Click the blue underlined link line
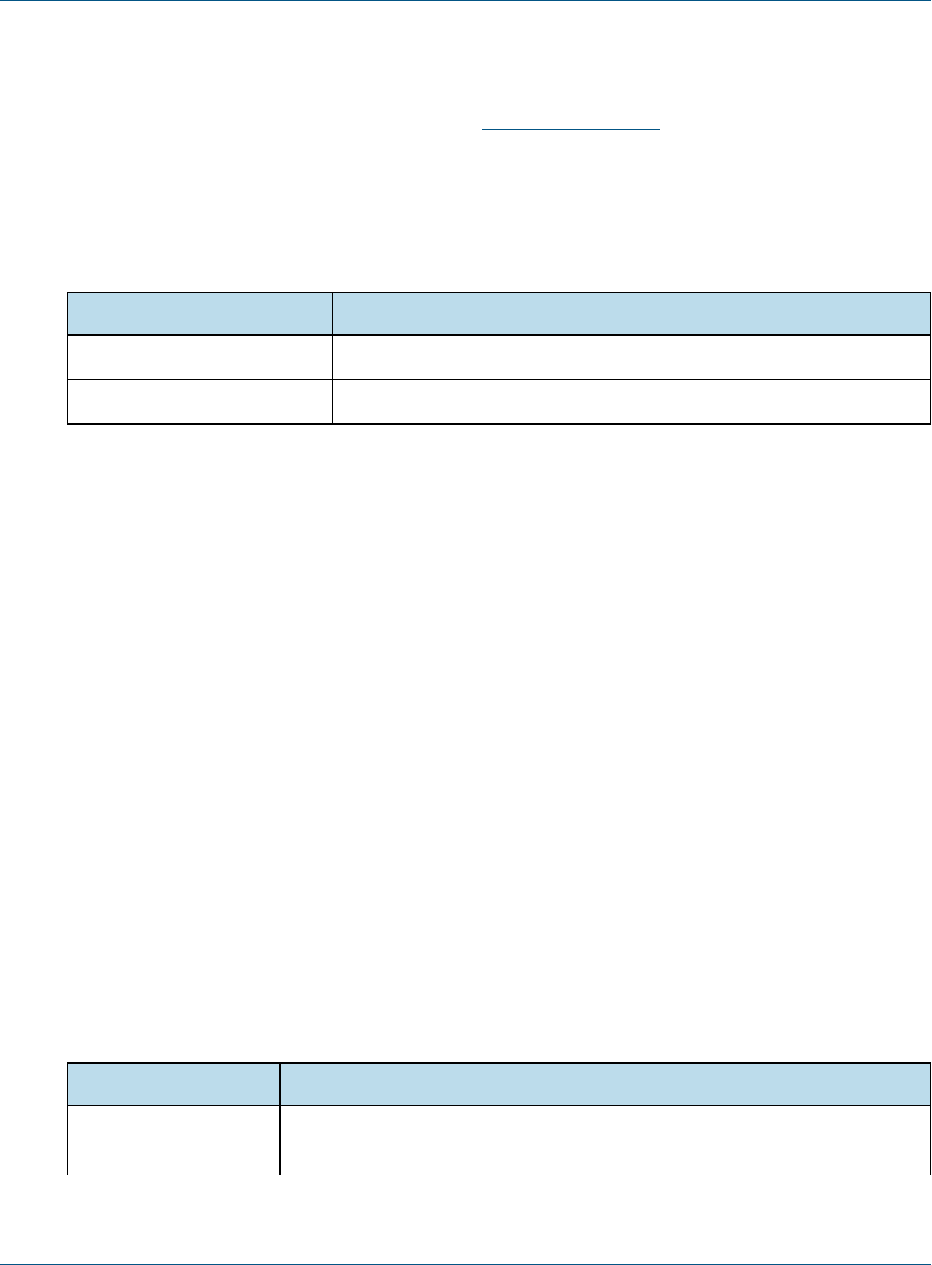[571, 130]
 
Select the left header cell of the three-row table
[200, 314]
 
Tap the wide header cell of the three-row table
[631, 314]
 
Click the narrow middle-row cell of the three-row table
[200, 357]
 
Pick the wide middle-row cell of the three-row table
[631, 357]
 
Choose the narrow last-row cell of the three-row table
[200, 402]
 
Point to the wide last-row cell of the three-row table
[631, 402]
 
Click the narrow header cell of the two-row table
[174, 1084]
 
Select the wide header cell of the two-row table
[605, 1084]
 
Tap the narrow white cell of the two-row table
[174, 1140]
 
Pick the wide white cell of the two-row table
[605, 1140]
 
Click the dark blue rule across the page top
[466, 1]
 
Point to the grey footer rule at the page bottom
[466, 1263]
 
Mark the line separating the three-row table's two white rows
[499, 379]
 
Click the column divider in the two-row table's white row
[280, 1140]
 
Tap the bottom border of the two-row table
[499, 1175]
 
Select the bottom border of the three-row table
[499, 424]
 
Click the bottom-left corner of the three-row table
[67, 424]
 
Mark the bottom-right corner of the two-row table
[930, 1175]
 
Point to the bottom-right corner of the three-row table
[930, 424]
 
